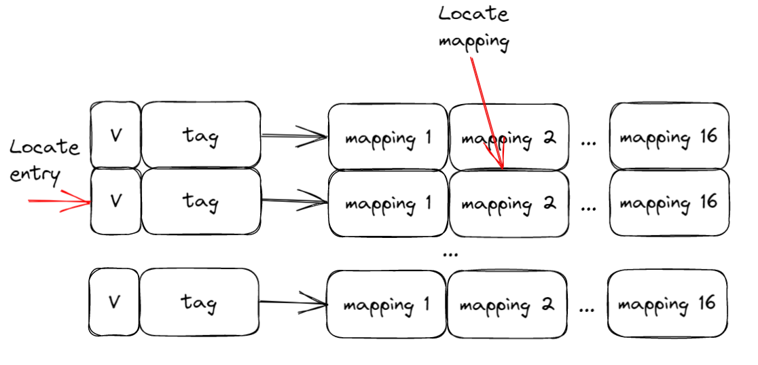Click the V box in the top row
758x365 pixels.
point(115,135)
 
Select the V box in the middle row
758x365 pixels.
point(115,201)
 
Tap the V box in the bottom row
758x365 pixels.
point(114,302)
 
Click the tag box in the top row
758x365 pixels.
point(200,135)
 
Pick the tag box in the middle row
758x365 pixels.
point(200,201)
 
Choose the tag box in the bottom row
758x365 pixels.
point(199,302)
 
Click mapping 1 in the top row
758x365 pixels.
point(388,137)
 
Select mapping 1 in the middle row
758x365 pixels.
point(388,203)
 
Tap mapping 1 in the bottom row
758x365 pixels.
point(386,304)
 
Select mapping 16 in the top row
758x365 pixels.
point(669,137)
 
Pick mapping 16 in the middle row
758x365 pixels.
point(669,202)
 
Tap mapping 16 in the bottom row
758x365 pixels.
point(668,303)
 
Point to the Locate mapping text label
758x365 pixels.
point(473,27)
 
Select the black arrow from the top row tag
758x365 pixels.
point(293,137)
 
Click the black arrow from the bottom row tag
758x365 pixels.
point(292,302)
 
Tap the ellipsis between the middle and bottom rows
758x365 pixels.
point(449,254)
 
